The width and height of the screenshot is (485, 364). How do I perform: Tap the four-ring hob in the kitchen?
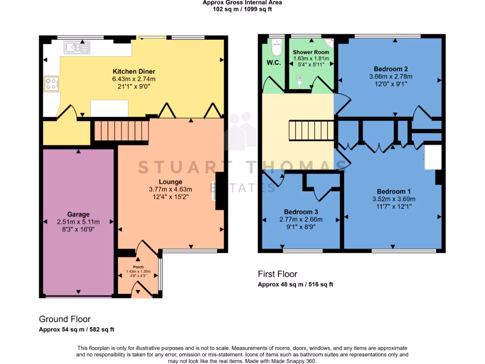pyautogui.click(x=51, y=84)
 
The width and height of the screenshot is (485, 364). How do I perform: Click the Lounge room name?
pyautogui.click(x=171, y=182)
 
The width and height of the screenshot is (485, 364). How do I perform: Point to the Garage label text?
pyautogui.click(x=78, y=215)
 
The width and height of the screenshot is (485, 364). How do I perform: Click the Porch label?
pyautogui.click(x=138, y=267)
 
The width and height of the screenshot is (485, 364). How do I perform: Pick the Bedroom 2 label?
pyautogui.click(x=391, y=69)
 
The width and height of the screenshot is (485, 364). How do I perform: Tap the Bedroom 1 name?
pyautogui.click(x=391, y=191)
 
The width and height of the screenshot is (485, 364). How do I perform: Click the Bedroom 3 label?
pyautogui.click(x=301, y=212)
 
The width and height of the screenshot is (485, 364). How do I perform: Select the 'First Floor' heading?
pyautogui.click(x=278, y=274)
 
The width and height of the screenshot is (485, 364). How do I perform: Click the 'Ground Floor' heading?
pyautogui.click(x=64, y=319)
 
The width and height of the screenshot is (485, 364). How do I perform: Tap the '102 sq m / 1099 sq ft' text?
pyautogui.click(x=242, y=9)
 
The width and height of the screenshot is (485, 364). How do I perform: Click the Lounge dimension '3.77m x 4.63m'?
pyautogui.click(x=171, y=189)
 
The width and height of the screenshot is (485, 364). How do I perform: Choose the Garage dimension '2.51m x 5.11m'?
pyautogui.click(x=78, y=222)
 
